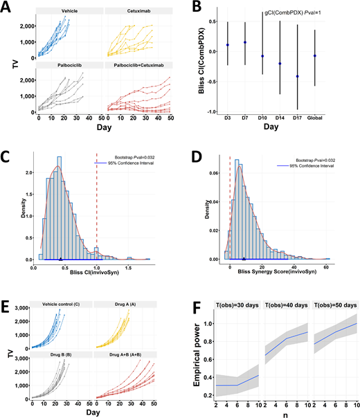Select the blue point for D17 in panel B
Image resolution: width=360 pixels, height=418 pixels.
pyautogui.click(x=298, y=76)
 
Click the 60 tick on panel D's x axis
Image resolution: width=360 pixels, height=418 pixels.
pyautogui.click(x=325, y=267)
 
